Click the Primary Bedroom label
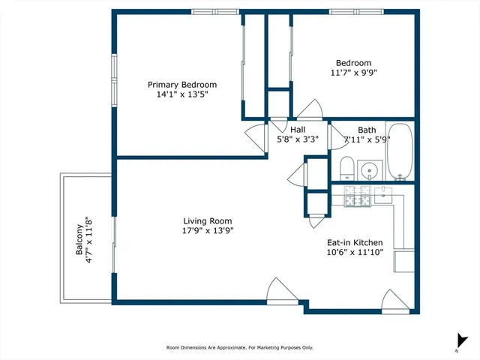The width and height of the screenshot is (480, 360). coord(182,85)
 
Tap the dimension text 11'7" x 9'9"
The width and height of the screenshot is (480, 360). coord(353,73)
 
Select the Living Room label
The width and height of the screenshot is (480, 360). coord(208,221)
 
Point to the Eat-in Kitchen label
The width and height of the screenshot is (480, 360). coord(355,242)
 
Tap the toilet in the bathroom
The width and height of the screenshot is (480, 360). coord(347,168)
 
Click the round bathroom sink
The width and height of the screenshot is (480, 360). coord(370,170)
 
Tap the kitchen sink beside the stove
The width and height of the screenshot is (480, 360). coord(384,195)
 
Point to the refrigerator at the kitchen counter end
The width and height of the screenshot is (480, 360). coord(404,261)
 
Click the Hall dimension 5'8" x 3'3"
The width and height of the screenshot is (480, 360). coord(298,139)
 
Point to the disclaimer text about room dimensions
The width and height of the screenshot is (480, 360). coord(239,348)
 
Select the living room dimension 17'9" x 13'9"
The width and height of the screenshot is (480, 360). coord(208,232)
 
